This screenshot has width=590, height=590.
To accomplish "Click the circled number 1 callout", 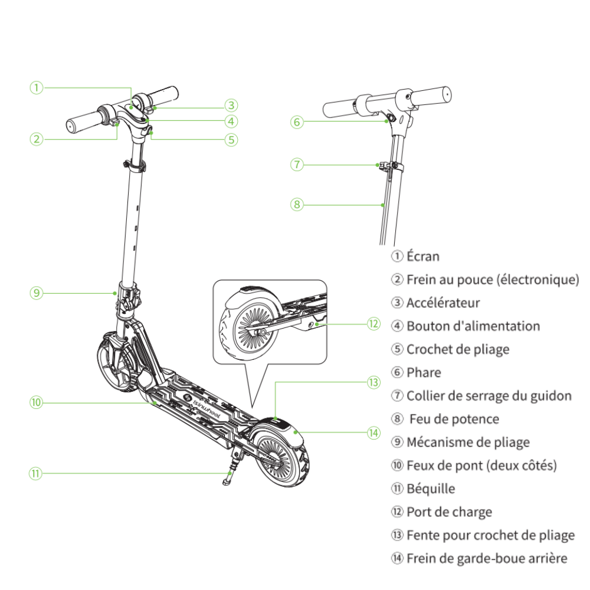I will point(37,88).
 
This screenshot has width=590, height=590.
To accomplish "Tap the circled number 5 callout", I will point(231,139).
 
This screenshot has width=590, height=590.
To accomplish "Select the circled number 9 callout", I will point(37,292).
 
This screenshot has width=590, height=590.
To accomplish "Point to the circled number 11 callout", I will point(37,473).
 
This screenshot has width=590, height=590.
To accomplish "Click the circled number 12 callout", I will point(373,324).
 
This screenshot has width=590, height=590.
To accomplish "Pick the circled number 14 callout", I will point(373,432).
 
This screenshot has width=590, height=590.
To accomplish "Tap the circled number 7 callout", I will point(297,164).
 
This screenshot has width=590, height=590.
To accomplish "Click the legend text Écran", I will point(423,256).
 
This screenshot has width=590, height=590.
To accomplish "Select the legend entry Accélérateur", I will point(443,303).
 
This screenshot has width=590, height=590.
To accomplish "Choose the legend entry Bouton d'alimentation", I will point(473,326).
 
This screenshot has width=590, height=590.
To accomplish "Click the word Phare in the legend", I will point(424,372).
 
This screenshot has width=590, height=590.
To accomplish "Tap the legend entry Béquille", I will point(431,489).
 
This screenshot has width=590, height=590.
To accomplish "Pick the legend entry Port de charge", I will point(449,512).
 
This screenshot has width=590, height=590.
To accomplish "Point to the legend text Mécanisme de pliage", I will point(468,442).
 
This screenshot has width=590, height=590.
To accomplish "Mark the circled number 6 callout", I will point(297,122).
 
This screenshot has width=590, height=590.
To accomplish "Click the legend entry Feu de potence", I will point(454,419).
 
